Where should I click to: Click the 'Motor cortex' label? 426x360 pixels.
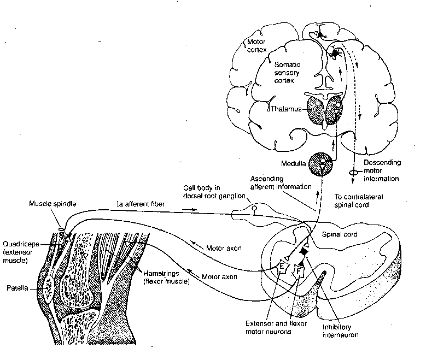coord(257,46)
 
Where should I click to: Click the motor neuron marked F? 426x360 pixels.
coord(299,270)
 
